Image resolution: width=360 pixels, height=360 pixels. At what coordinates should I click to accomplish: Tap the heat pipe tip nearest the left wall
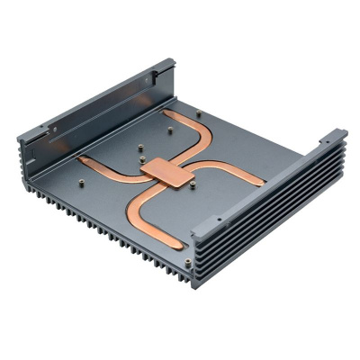pyautogui.click(x=83, y=161)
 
